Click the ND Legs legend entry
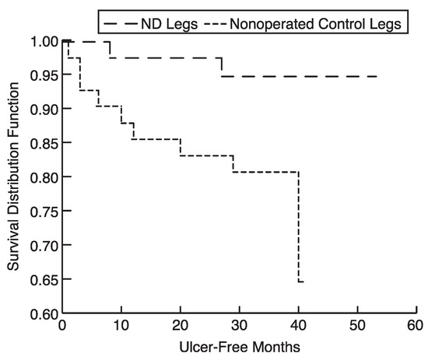169,24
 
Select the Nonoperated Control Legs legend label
315,24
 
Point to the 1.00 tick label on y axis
44,42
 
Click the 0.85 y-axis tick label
44,144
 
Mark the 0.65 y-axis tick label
44,280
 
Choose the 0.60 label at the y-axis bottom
44,314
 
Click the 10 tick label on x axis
121,325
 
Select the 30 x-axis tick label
240,325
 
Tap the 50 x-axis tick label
358,325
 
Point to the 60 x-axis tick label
416,325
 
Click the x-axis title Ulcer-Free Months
240,348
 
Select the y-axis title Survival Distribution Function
13,177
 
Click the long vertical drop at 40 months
298,226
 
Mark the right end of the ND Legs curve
377,77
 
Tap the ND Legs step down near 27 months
221,67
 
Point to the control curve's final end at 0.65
303,281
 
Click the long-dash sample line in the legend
121,24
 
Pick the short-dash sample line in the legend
215,24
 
